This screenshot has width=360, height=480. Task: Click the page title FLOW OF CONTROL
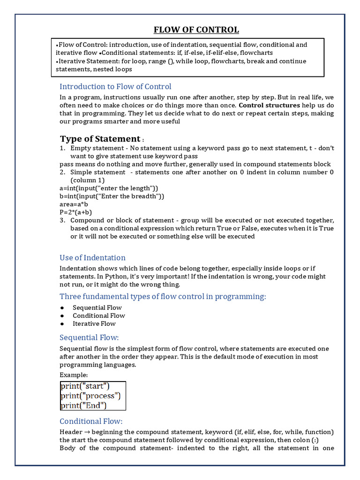(x=196, y=30)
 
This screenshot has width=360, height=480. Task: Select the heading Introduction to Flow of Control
(x=115, y=86)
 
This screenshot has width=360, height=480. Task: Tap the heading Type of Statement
(x=100, y=139)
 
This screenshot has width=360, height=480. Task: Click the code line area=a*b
(x=74, y=204)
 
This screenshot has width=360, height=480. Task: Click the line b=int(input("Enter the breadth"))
(x=112, y=196)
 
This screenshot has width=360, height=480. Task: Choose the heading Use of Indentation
(x=92, y=257)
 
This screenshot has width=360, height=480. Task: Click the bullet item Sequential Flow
(x=97, y=307)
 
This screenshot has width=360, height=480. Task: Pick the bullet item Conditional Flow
(x=98, y=315)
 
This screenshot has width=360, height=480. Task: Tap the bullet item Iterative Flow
(x=94, y=323)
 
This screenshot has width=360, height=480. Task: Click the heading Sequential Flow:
(x=89, y=337)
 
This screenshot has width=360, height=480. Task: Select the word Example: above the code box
(x=74, y=375)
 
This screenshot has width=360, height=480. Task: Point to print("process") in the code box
(x=90, y=396)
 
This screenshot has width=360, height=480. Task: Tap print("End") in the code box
(x=83, y=405)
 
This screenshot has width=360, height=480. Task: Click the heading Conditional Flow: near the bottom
(x=91, y=421)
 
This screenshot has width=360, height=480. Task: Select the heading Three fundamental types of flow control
(x=163, y=296)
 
